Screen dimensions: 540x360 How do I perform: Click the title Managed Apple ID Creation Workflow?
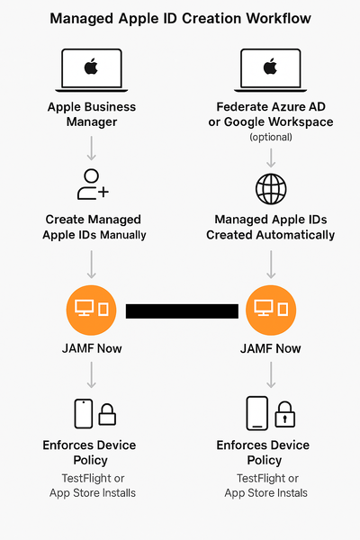click(x=180, y=18)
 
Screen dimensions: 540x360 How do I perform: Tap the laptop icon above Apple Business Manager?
click(x=91, y=68)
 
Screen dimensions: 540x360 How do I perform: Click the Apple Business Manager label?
click(x=91, y=114)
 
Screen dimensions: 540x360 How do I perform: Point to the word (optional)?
click(x=271, y=138)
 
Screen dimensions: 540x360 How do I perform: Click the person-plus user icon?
click(x=92, y=184)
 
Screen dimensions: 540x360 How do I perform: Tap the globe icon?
click(x=271, y=190)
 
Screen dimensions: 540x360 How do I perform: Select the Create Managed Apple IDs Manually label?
click(x=94, y=227)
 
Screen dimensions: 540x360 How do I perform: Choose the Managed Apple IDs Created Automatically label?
click(x=271, y=227)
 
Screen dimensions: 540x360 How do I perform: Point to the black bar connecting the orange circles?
click(x=182, y=311)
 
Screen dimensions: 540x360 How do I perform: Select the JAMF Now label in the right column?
click(x=271, y=348)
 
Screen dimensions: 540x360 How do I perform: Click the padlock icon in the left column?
click(x=107, y=414)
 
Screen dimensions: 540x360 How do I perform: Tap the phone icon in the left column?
click(x=83, y=413)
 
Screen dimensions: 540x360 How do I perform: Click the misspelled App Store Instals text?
click(x=265, y=492)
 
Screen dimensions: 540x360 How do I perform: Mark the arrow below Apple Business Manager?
click(x=91, y=147)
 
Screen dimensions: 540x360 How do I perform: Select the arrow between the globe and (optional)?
click(x=271, y=157)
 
